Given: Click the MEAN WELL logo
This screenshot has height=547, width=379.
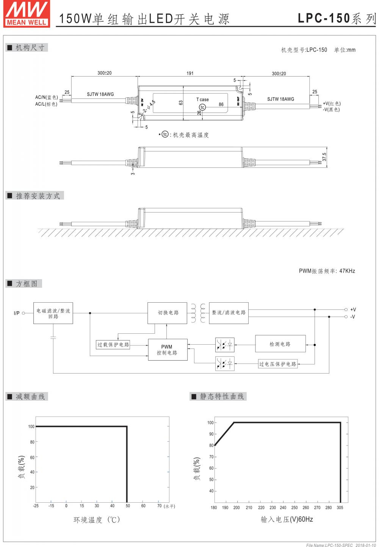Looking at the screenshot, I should pyautogui.click(x=27, y=13).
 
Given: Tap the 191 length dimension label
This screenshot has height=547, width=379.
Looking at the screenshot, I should pyautogui.click(x=190, y=73).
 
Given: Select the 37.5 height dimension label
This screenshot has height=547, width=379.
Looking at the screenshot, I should pyautogui.click(x=324, y=157).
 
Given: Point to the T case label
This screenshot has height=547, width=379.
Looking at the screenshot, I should pyautogui.click(x=202, y=100).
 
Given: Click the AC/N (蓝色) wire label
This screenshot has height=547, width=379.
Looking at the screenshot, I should pyautogui.click(x=46, y=98).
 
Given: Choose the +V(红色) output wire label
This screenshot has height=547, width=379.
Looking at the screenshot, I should pyautogui.click(x=332, y=103).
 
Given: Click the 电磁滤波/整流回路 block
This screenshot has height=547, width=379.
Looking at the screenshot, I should pyautogui.click(x=53, y=313).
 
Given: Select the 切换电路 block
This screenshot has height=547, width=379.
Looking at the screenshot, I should pyautogui.click(x=167, y=313).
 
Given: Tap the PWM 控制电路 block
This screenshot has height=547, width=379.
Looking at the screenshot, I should pyautogui.click(x=167, y=350).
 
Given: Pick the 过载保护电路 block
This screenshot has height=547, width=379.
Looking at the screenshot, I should pyautogui.click(x=113, y=345).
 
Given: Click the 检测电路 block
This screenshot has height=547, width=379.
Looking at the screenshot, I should pyautogui.click(x=280, y=344).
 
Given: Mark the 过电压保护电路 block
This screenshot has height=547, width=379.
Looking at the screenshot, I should pyautogui.click(x=278, y=364).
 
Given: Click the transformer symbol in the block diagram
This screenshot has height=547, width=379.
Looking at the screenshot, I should pyautogui.click(x=198, y=313).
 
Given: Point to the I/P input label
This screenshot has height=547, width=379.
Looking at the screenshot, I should pyautogui.click(x=17, y=313).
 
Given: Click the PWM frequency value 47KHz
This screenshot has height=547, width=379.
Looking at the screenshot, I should pyautogui.click(x=347, y=271).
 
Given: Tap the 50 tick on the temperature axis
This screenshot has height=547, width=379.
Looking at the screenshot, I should pyautogui.click(x=128, y=506).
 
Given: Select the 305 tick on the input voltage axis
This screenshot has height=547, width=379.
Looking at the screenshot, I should pyautogui.click(x=340, y=508).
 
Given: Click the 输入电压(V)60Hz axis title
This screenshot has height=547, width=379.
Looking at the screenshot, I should pyautogui.click(x=287, y=519).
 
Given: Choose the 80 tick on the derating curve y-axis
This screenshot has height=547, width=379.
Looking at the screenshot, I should pyautogui.click(x=32, y=442).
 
